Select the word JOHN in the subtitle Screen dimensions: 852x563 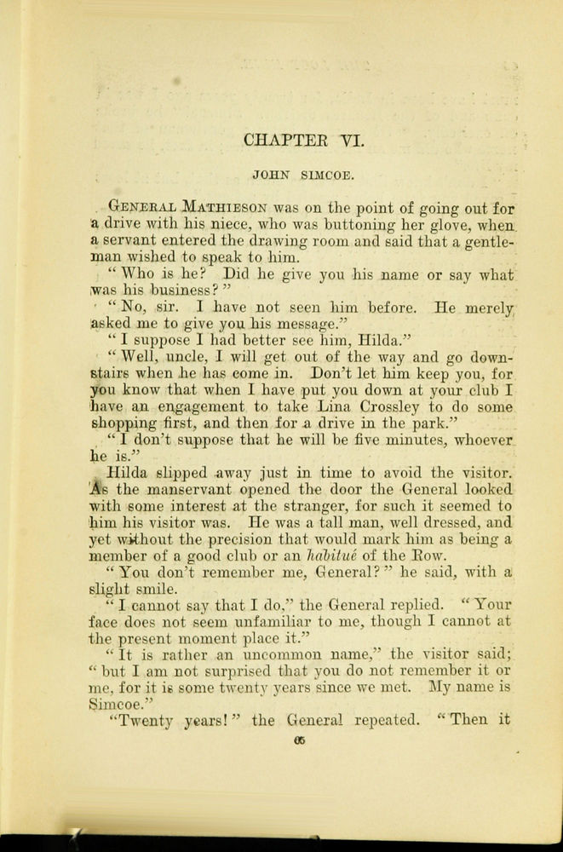tap(271, 176)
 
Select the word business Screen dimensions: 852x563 tap(166, 291)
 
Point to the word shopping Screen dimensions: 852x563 tap(126, 425)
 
